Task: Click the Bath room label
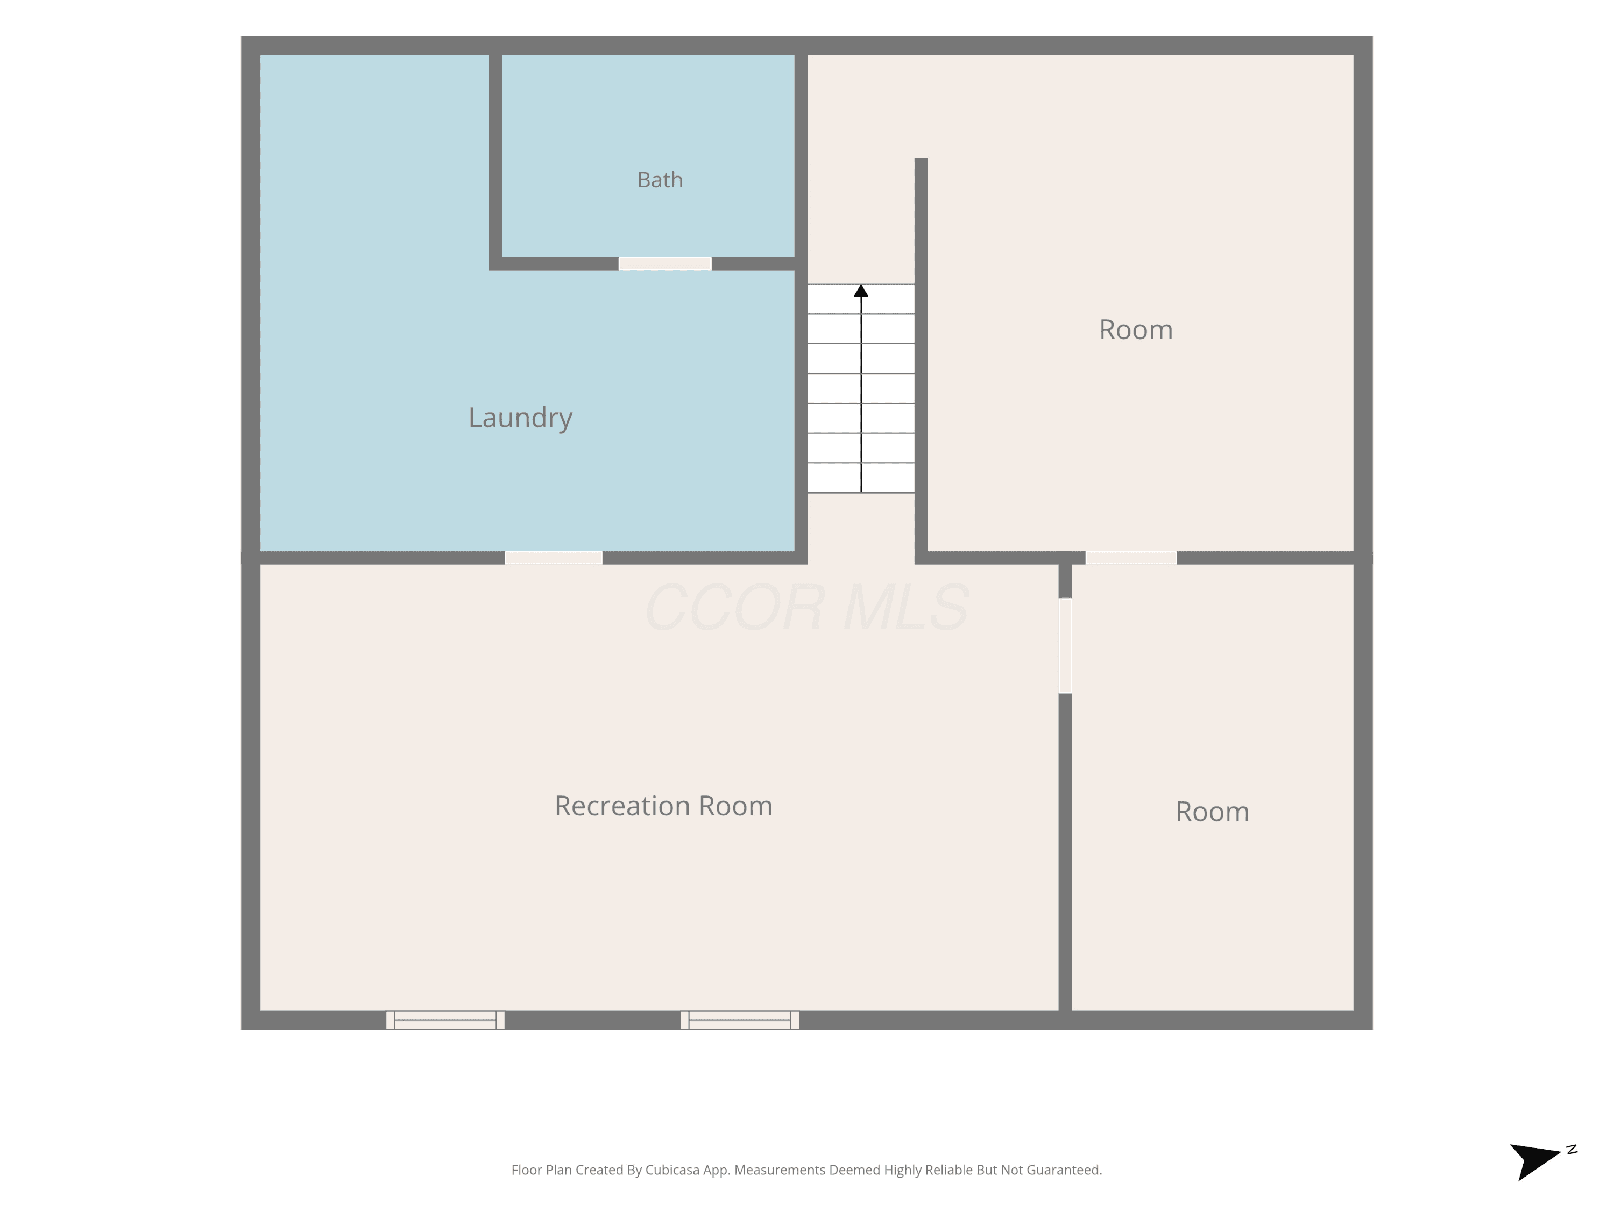(x=660, y=180)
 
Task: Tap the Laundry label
(x=520, y=418)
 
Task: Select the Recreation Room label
(x=663, y=806)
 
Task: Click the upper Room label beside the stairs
(x=1136, y=330)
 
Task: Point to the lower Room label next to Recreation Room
(x=1212, y=812)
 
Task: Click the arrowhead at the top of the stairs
(x=861, y=291)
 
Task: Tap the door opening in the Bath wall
(x=665, y=264)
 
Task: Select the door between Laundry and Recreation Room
(x=554, y=558)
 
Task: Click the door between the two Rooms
(x=1131, y=558)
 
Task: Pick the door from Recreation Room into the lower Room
(x=1065, y=645)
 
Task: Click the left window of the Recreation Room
(x=445, y=1020)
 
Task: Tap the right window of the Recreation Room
(x=740, y=1020)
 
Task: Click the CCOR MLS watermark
(x=807, y=607)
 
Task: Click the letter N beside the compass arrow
(x=1571, y=1150)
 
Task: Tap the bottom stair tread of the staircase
(x=861, y=478)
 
